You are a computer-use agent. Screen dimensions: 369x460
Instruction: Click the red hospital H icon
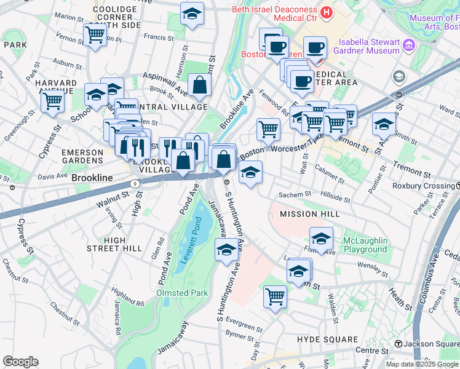[326, 12]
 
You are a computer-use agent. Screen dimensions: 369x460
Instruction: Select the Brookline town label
[92, 178]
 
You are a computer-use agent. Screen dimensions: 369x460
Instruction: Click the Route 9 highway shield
[135, 183]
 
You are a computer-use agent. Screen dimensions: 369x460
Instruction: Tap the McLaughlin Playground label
[365, 245]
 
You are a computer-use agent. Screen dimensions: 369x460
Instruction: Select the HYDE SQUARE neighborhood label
[327, 339]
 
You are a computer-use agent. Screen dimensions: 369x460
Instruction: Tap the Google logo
[20, 361]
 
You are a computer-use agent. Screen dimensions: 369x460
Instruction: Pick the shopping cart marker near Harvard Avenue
[53, 100]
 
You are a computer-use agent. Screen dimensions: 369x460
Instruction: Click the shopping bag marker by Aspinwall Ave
[200, 85]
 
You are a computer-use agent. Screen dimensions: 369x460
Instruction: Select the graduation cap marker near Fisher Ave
[320, 237]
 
